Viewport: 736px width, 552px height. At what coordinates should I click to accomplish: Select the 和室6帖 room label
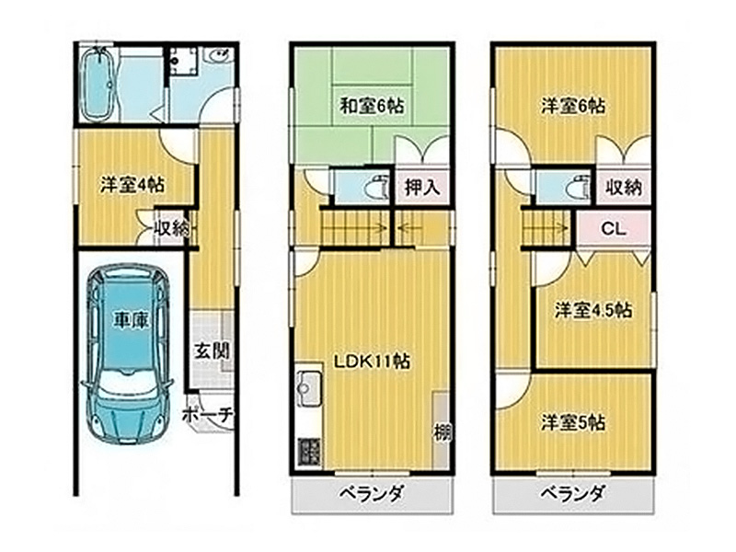point(372,106)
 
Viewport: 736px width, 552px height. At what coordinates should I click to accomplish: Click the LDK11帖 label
point(372,361)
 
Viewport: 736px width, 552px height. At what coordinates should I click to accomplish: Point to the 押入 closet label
point(422,188)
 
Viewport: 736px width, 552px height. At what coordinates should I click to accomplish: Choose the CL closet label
point(614,229)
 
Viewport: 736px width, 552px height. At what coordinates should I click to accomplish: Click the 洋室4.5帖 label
point(592,310)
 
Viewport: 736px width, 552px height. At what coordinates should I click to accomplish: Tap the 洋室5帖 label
point(572,422)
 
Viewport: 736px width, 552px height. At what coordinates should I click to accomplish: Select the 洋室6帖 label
point(572,106)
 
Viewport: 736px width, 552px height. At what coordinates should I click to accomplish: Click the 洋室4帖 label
point(132,185)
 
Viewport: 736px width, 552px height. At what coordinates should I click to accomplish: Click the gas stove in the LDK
point(309,450)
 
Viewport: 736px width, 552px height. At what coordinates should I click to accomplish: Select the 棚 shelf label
point(442,431)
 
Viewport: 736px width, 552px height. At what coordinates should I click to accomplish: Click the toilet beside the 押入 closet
point(379,188)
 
